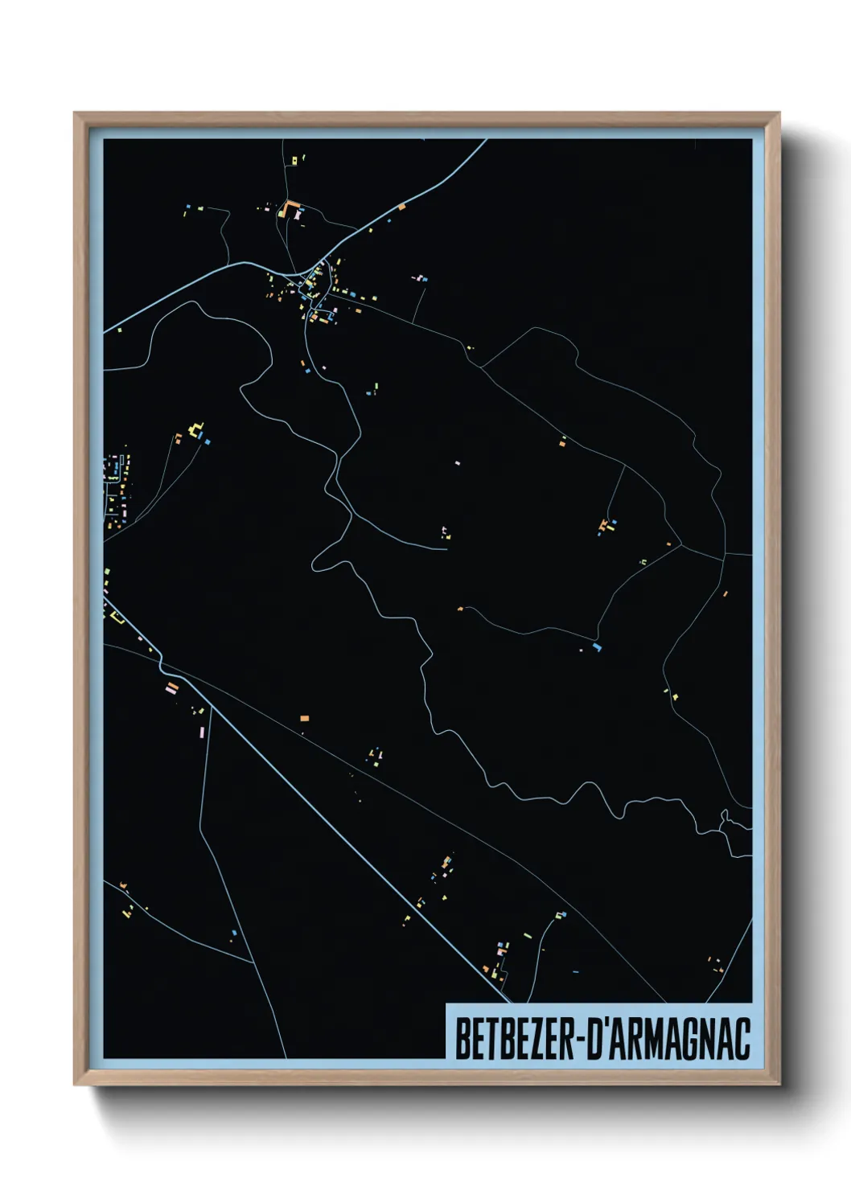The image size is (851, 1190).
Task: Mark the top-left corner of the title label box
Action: tap(446, 1004)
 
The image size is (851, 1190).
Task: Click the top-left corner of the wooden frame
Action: tap(75, 113)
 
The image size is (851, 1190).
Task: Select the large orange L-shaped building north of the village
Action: tap(290, 207)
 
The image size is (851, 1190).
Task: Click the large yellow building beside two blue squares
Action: tap(195, 430)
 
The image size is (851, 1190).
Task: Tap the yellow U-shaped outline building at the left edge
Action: tap(117, 618)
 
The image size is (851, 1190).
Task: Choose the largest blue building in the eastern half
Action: tap(596, 646)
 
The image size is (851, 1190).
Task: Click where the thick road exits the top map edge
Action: tap(486, 141)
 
